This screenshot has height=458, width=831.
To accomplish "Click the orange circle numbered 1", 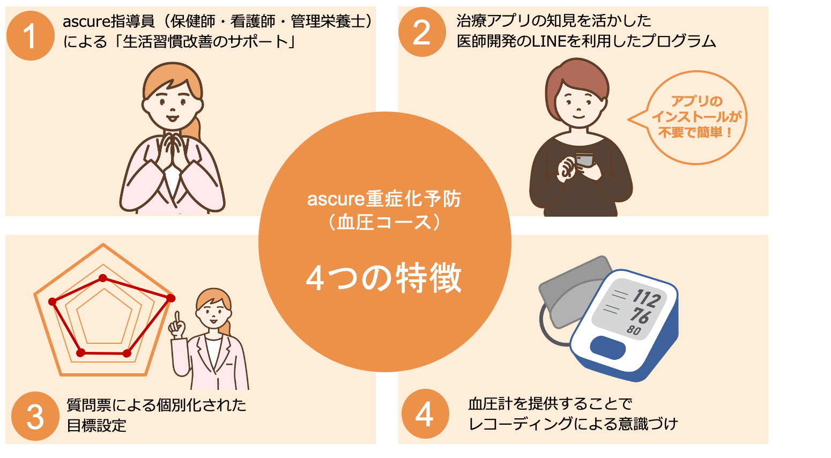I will [30, 36].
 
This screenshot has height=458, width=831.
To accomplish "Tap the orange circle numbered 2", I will [422, 32].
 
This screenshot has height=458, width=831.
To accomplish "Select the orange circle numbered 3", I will [35, 416].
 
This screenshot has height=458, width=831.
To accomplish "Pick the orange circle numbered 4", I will [425, 414].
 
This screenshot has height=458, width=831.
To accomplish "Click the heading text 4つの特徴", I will [384, 278].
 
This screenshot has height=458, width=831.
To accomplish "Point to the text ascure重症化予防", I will [384, 199].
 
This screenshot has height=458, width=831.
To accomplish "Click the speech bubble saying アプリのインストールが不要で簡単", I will [695, 117].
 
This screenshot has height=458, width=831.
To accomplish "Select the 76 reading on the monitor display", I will [640, 315].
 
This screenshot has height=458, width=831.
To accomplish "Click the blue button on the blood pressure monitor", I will [608, 348].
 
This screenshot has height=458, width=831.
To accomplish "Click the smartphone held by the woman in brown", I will [584, 160].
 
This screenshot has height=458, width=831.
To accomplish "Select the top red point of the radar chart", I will [103, 278].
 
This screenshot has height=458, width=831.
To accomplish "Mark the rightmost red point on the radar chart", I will [170, 298].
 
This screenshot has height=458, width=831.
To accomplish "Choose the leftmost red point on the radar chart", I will [53, 301].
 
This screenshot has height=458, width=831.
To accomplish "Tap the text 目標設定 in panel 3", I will [97, 425].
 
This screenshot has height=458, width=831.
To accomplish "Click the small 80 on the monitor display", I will [634, 330].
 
